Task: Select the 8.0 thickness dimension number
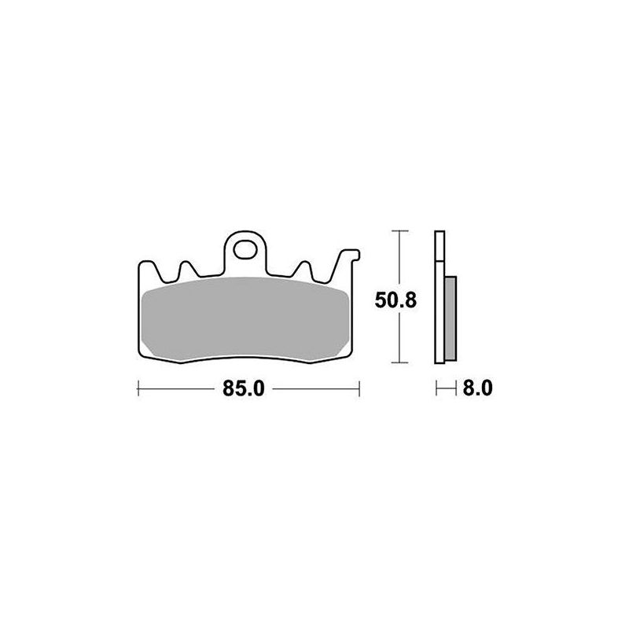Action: (476, 388)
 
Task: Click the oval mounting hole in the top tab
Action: (245, 254)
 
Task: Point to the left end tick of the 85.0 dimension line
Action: (138, 388)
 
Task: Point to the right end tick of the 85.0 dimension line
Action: (359, 388)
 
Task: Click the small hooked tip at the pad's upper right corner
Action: (355, 254)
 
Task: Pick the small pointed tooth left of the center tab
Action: (187, 268)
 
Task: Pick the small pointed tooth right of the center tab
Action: (303, 268)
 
